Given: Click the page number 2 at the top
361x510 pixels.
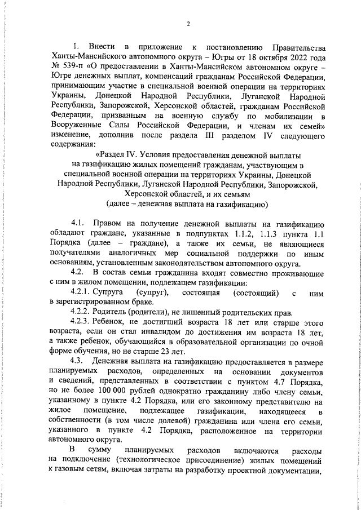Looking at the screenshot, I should (188, 24).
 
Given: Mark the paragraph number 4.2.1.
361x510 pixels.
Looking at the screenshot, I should (83, 293).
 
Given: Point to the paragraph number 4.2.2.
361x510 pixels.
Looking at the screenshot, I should (83, 313).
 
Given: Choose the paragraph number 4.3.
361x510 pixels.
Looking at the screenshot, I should (78, 365).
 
